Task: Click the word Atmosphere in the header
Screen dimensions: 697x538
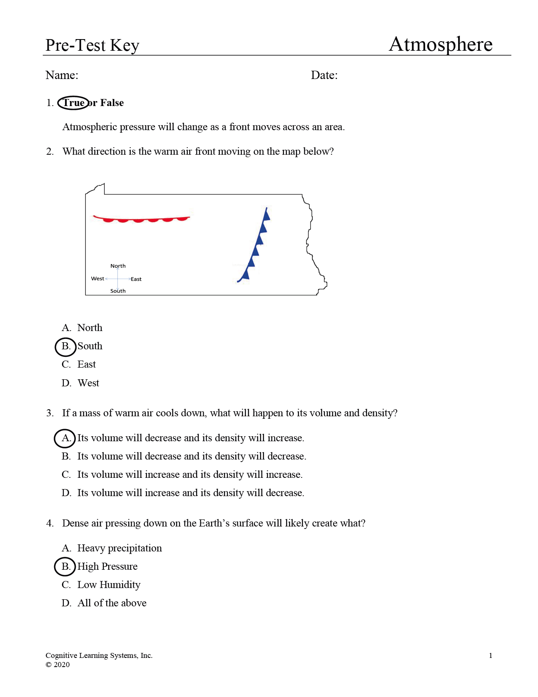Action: coord(440,44)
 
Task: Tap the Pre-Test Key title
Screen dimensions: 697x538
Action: coord(92,45)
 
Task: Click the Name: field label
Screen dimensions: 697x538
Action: coord(62,75)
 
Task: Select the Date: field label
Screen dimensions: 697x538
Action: coord(324,75)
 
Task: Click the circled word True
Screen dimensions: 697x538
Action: coord(73,103)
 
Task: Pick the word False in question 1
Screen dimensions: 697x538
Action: coord(112,103)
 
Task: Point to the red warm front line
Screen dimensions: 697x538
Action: coord(141,219)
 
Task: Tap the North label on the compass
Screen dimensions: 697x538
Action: coord(118,266)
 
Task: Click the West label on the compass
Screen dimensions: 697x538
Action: coord(97,279)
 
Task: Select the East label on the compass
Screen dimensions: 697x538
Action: coord(136,279)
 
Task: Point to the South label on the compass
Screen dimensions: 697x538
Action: coord(118,291)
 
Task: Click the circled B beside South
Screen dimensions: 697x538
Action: coord(66,346)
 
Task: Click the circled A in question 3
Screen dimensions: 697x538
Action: coord(65,438)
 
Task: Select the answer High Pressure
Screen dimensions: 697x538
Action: coord(107,566)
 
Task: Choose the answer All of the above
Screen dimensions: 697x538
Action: coord(112,603)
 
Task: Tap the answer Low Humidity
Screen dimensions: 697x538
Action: coord(109,585)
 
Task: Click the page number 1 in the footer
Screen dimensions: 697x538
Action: coord(491,656)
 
